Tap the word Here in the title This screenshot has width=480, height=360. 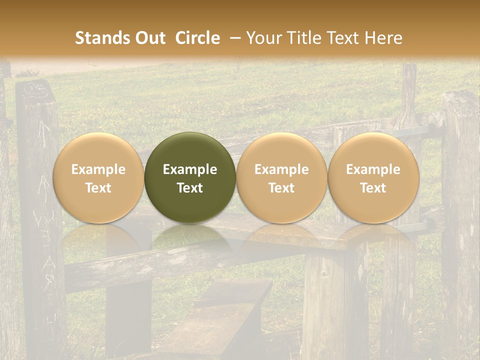pyautogui.click(x=384, y=38)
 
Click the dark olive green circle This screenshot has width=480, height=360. pyautogui.click(x=190, y=177)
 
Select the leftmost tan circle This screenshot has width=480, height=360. pyautogui.click(x=98, y=177)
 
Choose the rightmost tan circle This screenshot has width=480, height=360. pyautogui.click(x=373, y=177)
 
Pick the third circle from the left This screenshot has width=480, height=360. pyautogui.click(x=281, y=177)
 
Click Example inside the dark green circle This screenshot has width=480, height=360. pyautogui.click(x=190, y=169)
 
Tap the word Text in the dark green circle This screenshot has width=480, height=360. pyautogui.click(x=190, y=188)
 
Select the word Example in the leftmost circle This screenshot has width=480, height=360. pyautogui.click(x=98, y=169)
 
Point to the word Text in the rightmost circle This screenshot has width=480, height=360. pyautogui.click(x=373, y=188)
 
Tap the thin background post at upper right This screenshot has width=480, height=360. pyautogui.click(x=409, y=90)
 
